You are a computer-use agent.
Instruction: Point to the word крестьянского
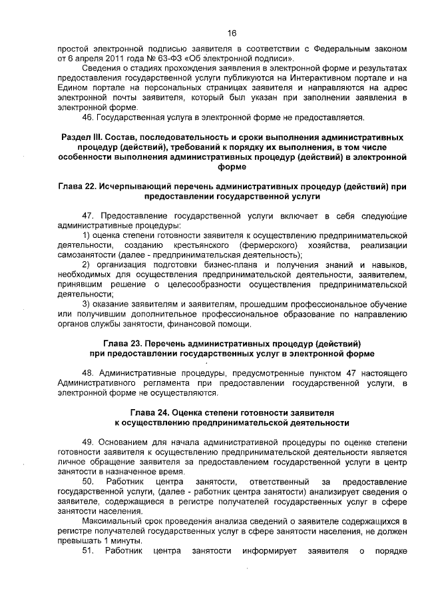tap(198, 246)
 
